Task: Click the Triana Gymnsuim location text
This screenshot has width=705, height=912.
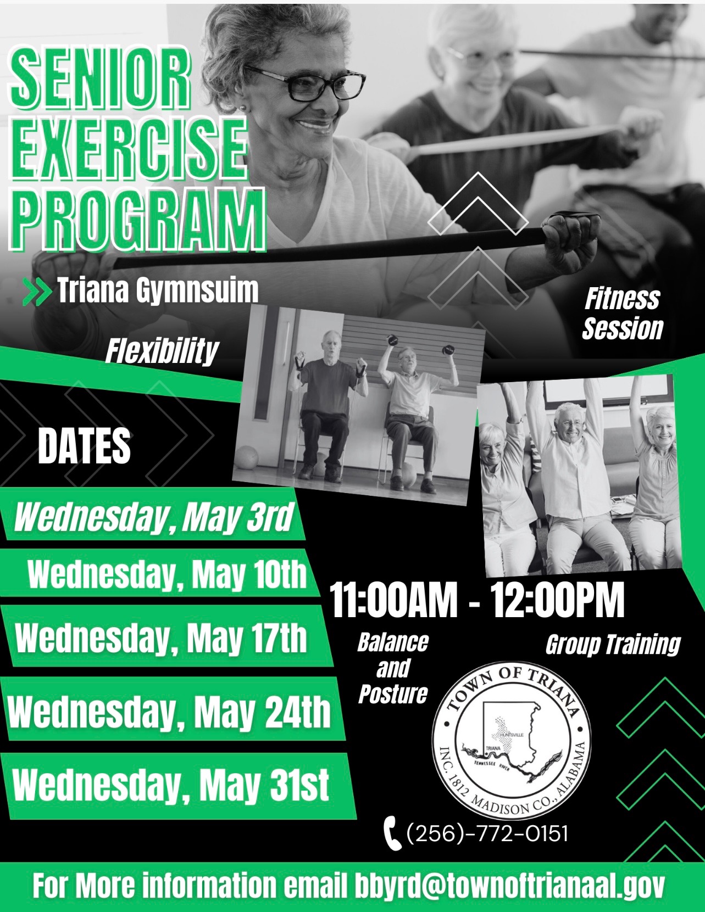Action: click(158, 290)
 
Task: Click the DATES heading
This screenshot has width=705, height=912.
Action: click(84, 446)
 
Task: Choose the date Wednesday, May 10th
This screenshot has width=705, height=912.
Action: click(167, 574)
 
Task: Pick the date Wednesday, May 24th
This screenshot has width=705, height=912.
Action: click(169, 712)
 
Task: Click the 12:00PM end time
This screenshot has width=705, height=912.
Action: click(557, 600)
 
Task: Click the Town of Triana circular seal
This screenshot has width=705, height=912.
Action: click(512, 740)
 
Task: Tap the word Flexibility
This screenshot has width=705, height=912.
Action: click(162, 351)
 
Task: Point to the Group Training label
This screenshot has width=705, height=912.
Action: click(613, 645)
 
